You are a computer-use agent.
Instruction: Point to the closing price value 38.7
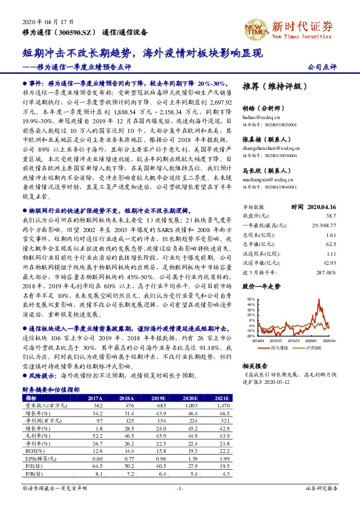tap(331, 215)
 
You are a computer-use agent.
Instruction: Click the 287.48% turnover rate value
tap(325, 273)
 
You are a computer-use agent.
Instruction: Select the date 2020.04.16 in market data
tap(322, 206)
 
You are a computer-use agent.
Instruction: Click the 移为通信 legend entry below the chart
tap(277, 349)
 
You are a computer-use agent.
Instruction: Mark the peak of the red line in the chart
tap(319, 302)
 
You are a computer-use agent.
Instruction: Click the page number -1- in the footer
tap(180, 488)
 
